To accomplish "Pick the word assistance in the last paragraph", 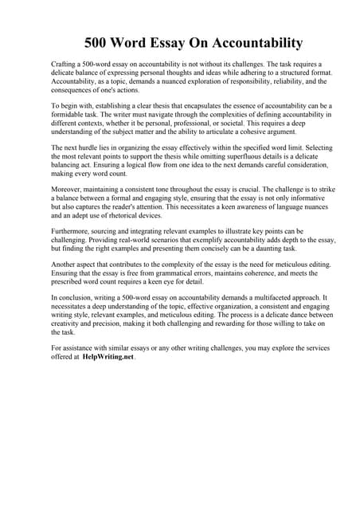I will tap(80, 348).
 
